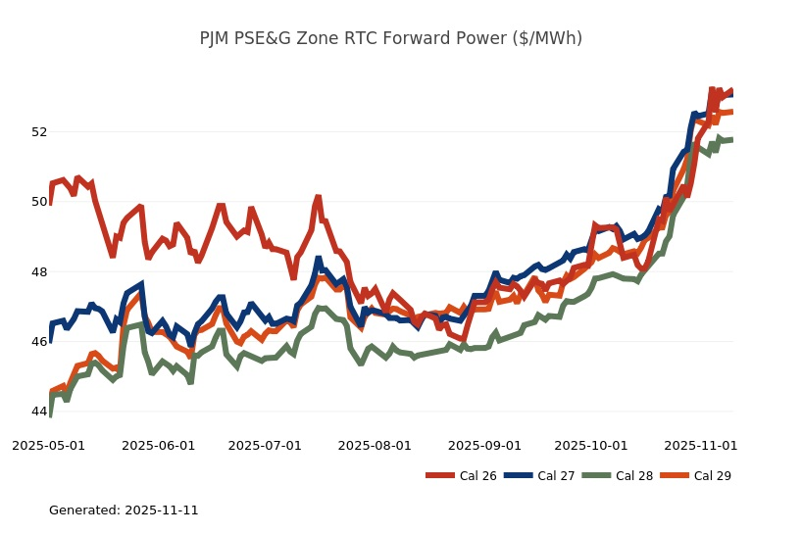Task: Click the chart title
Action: (390, 38)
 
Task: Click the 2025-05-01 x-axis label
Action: (48, 445)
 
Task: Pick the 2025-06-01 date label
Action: (158, 445)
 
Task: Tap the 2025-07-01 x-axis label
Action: (265, 445)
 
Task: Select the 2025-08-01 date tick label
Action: (375, 445)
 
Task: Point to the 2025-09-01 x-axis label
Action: (484, 445)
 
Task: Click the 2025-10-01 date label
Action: (590, 445)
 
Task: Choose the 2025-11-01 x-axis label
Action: (700, 445)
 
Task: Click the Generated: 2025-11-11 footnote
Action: (124, 510)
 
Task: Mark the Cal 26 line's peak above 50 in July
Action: (318, 198)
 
